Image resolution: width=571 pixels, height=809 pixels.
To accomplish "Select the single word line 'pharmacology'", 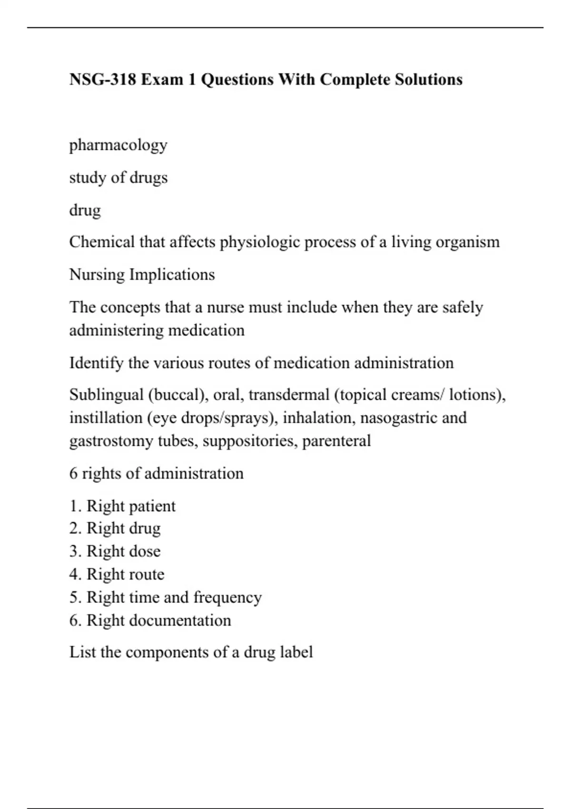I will point(118,145).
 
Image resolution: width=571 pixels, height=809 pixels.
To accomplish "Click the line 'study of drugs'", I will point(118,178).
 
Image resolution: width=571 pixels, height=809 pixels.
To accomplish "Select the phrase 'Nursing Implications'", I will point(142,275).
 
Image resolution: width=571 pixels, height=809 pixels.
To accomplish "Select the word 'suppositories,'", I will point(250,441).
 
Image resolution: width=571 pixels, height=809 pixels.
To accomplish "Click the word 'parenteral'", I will point(336,441).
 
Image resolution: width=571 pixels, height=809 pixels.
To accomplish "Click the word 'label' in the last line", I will point(297,652).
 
